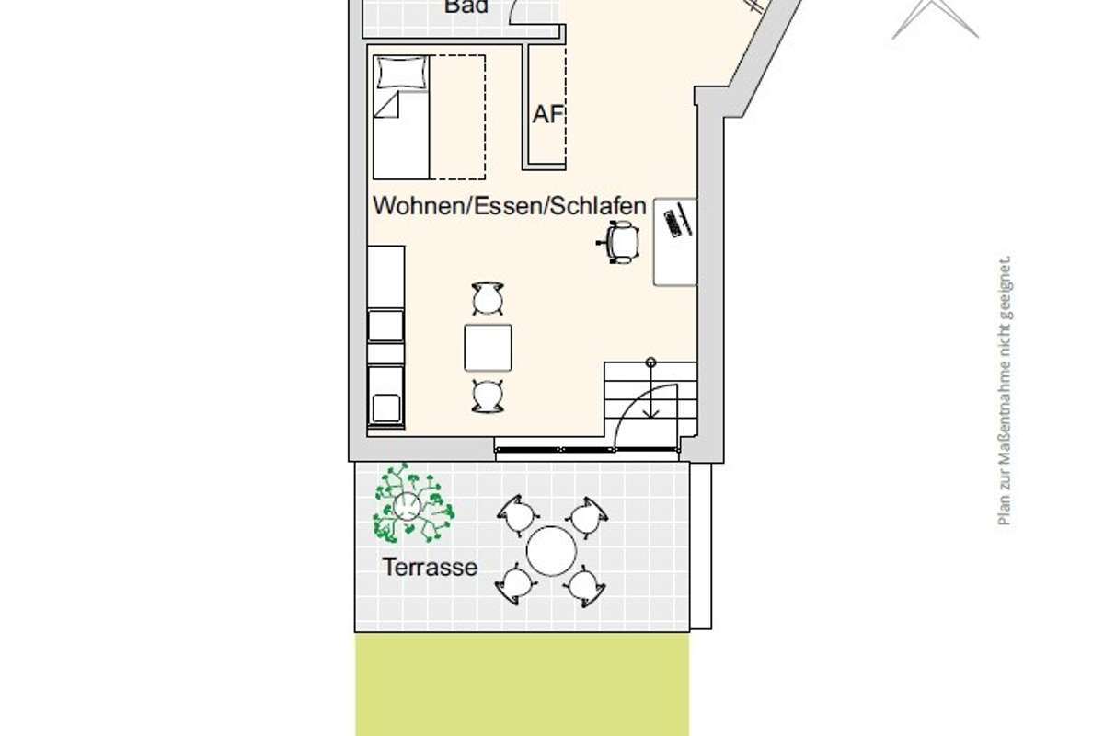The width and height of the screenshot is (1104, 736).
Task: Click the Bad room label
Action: pyautogui.click(x=466, y=6)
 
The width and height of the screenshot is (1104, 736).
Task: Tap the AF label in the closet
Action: pyautogui.click(x=547, y=114)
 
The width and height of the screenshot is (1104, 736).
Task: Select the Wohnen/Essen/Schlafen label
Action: pyautogui.click(x=509, y=205)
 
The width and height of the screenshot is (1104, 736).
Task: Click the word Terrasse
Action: pyautogui.click(x=430, y=568)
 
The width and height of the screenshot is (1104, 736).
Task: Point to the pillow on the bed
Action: pyautogui.click(x=401, y=73)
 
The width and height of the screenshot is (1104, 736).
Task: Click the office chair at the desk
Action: pyautogui.click(x=619, y=242)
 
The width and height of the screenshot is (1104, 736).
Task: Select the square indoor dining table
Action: pyautogui.click(x=488, y=348)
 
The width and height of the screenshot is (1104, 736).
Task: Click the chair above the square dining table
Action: pyautogui.click(x=488, y=298)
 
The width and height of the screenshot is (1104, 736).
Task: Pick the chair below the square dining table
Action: pyautogui.click(x=488, y=396)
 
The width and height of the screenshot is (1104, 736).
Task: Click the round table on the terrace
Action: pyautogui.click(x=551, y=551)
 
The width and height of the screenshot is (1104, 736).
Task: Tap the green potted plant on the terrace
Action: pyautogui.click(x=412, y=504)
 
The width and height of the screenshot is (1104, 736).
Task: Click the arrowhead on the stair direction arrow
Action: pyautogui.click(x=650, y=414)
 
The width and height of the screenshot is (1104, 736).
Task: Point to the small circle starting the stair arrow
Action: pyautogui.click(x=650, y=362)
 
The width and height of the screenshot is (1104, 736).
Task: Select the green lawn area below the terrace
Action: pyautogui.click(x=522, y=684)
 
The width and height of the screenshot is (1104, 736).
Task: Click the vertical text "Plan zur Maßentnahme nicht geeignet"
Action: pyautogui.click(x=1005, y=390)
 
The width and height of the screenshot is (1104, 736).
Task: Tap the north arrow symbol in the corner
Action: pyautogui.click(x=935, y=18)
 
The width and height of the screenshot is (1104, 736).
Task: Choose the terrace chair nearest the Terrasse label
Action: pyautogui.click(x=515, y=584)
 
